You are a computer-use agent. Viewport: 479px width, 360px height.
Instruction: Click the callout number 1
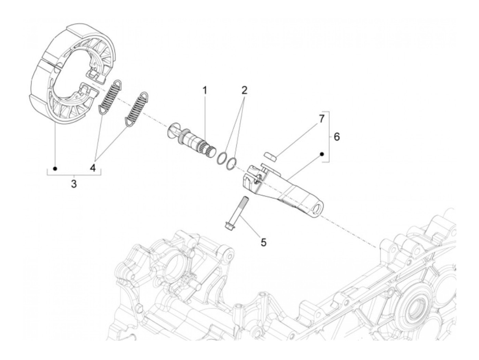point(205,90)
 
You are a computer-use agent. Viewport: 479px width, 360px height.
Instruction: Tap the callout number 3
point(74,184)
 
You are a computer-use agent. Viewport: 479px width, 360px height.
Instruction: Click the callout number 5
point(263,242)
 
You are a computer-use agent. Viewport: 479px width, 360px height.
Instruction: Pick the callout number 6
point(337,137)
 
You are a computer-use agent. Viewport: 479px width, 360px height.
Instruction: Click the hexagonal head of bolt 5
point(229,226)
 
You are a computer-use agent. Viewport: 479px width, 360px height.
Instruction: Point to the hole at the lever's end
point(321,209)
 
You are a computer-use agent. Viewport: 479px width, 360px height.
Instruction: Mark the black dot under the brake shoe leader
point(55,168)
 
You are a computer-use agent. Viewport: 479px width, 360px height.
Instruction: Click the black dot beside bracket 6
point(322,154)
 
